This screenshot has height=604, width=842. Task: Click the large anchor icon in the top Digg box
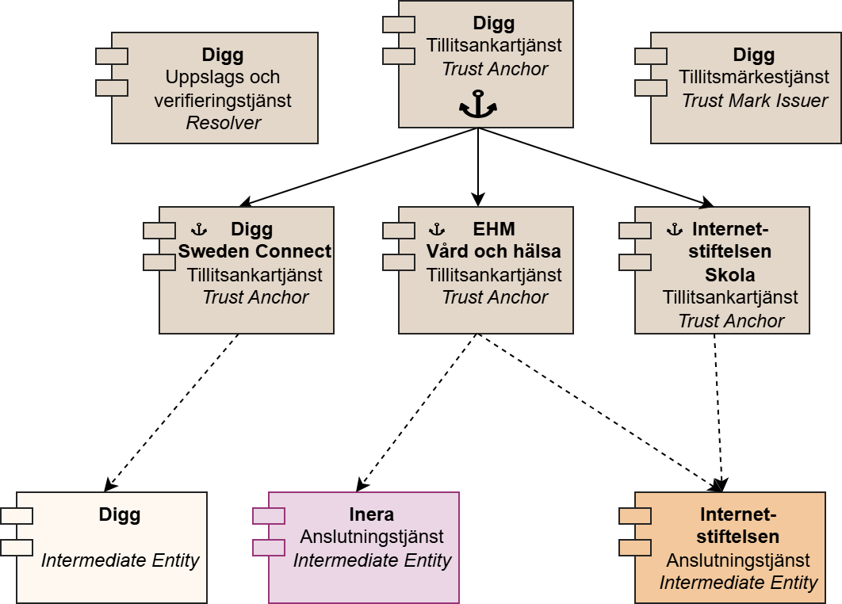[477, 105]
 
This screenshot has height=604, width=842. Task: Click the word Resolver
[223, 123]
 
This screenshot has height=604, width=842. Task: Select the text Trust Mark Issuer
[754, 101]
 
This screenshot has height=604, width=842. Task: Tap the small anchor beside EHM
[436, 230]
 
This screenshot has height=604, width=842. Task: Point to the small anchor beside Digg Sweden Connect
[199, 230]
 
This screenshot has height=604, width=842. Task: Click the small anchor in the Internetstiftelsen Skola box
[674, 230]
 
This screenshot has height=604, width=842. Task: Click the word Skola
[729, 275]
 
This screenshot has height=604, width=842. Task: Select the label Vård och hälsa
[493, 252]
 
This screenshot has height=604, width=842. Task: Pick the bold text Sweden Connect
[255, 252]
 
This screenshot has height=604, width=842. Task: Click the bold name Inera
[372, 514]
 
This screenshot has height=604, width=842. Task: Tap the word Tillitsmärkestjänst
[754, 78]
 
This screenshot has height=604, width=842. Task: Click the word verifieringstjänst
[223, 101]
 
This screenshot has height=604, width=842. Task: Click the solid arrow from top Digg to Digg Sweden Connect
[357, 167]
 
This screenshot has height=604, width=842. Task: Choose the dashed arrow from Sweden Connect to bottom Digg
[173, 411]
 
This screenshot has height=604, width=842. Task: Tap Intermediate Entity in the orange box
[738, 583]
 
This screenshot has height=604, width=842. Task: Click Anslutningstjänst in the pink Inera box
[372, 537]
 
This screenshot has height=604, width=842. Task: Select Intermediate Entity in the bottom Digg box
[120, 560]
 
